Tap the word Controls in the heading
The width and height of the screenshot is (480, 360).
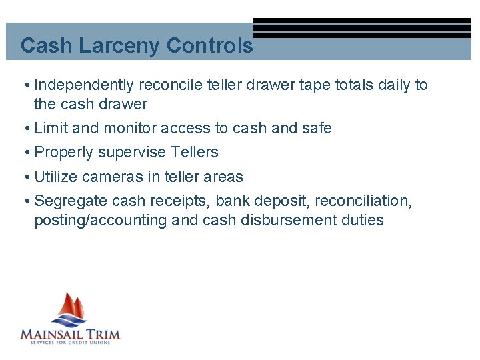209,46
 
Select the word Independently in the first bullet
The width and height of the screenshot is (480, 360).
83,85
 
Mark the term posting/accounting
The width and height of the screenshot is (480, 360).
100,221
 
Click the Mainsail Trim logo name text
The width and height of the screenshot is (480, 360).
70,333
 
